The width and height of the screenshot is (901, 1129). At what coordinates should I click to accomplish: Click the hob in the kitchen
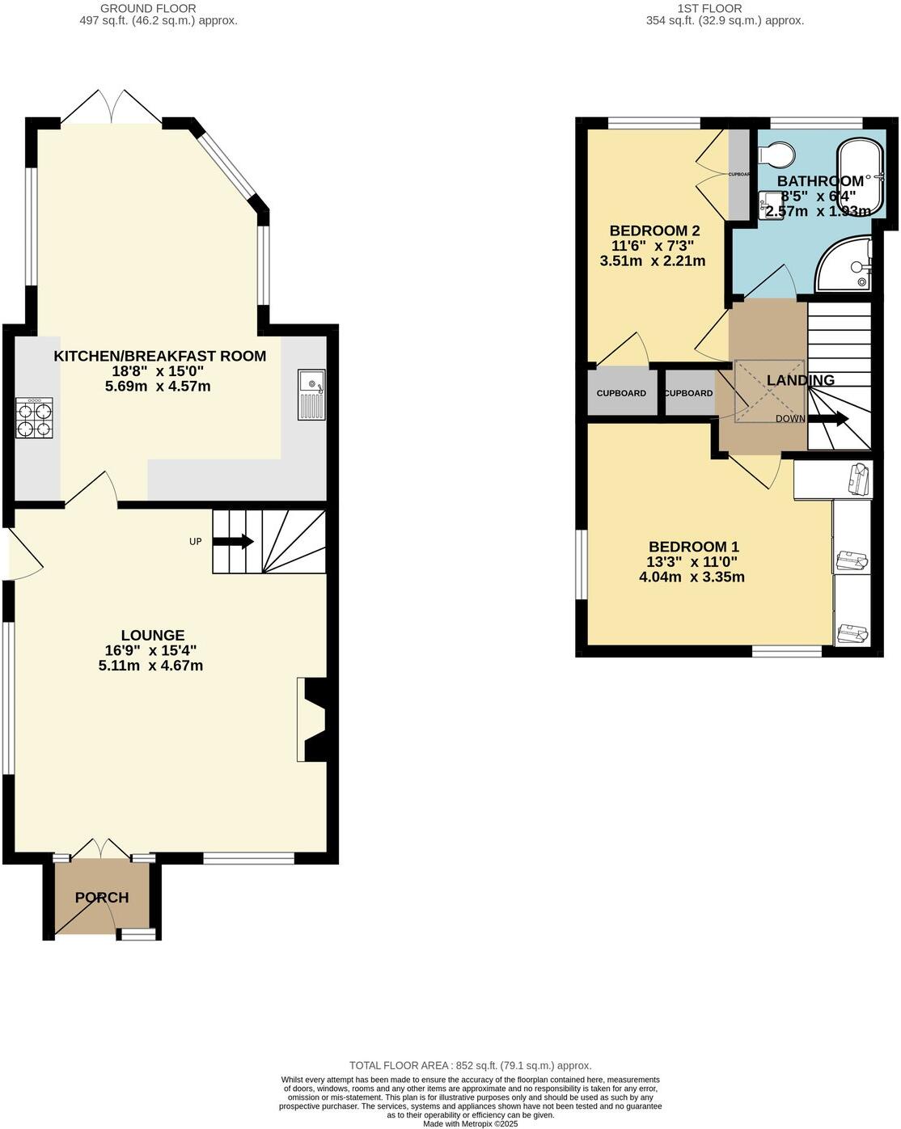pos(34,418)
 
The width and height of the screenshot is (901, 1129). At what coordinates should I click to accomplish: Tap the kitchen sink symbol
pos(311,395)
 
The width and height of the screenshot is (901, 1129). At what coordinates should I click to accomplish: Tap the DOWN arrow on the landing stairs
pos(827,419)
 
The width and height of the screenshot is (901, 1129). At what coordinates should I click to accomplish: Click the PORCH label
pos(102,898)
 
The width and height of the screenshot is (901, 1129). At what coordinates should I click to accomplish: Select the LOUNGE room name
pos(153,636)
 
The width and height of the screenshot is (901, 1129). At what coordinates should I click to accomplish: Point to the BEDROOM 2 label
pos(654,230)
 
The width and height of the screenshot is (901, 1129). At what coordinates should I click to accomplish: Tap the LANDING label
pos(800,380)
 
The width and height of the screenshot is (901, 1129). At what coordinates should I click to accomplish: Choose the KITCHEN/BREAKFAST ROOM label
pos(159,356)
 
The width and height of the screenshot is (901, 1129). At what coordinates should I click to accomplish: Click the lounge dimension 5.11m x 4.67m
pos(150,666)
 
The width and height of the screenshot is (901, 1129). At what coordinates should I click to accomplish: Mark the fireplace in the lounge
pos(313,720)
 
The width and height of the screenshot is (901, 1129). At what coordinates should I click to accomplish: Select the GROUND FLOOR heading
pos(137,8)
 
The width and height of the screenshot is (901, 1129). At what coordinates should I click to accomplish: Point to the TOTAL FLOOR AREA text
pos(470,1066)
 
